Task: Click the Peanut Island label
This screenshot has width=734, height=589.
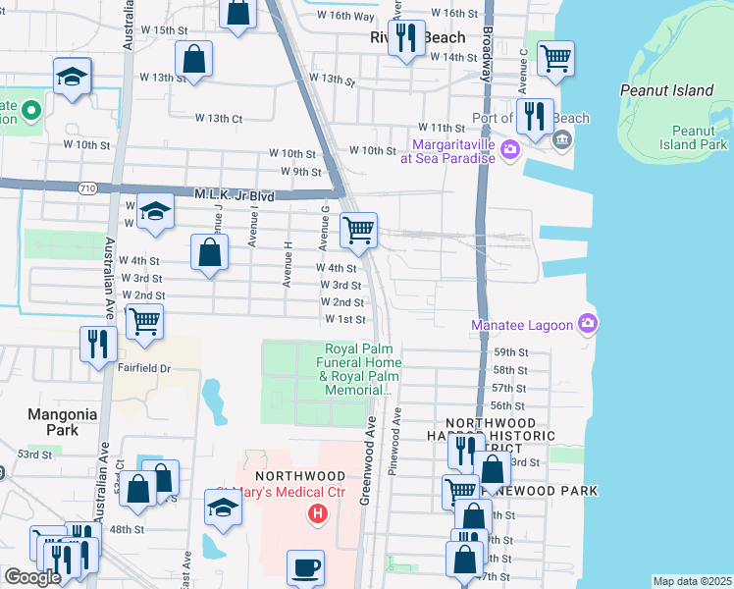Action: click(x=666, y=90)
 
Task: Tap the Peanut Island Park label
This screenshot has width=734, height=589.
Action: click(x=700, y=137)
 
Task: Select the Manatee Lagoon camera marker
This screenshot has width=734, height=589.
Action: click(x=587, y=322)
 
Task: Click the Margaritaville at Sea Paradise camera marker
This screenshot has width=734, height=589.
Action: click(x=509, y=149)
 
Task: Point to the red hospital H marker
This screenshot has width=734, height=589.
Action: click(x=317, y=512)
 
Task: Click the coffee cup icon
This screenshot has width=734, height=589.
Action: click(x=304, y=566)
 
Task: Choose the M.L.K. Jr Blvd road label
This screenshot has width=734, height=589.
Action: click(x=234, y=195)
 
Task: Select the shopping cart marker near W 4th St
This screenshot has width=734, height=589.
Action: click(x=358, y=231)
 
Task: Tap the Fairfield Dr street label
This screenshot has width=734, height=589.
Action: click(x=145, y=369)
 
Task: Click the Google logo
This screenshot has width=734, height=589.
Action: click(x=32, y=577)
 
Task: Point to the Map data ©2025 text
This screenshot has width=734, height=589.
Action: click(x=691, y=581)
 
